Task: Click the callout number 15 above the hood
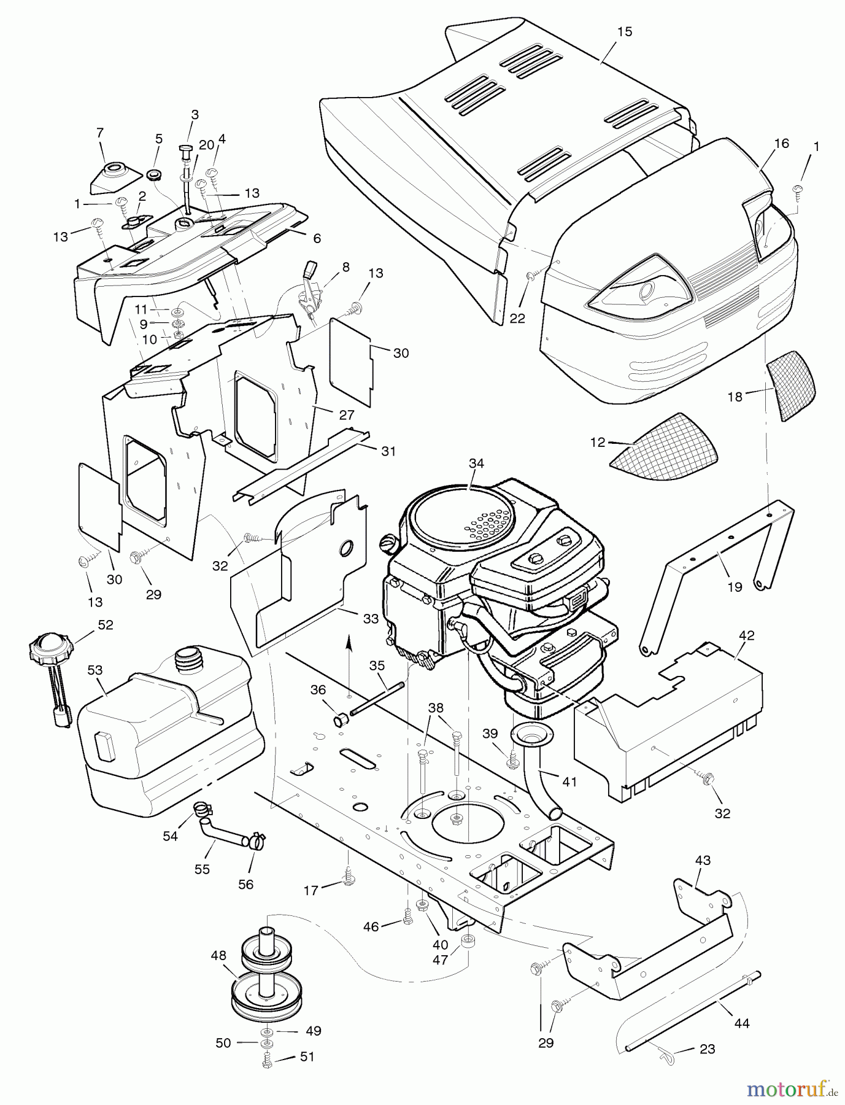pyautogui.click(x=624, y=31)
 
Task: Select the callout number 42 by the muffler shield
pyautogui.click(x=747, y=635)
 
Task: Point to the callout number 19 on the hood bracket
pyautogui.click(x=735, y=586)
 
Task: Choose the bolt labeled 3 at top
pyautogui.click(x=186, y=150)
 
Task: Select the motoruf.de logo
pyautogui.click(x=792, y=1089)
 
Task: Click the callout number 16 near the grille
pyautogui.click(x=781, y=144)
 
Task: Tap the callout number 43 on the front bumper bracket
pyautogui.click(x=703, y=861)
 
